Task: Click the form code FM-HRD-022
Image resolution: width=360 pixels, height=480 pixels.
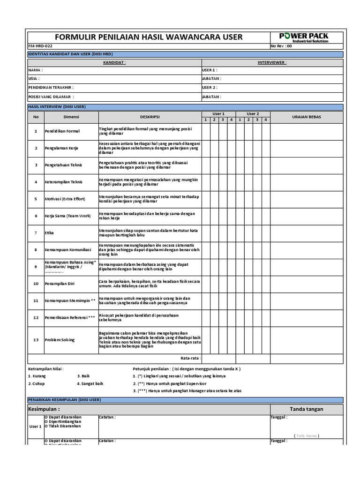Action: (40, 46)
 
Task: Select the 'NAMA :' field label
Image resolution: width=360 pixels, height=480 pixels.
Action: (36, 70)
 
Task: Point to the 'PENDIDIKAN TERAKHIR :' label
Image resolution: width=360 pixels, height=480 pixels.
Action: (51, 88)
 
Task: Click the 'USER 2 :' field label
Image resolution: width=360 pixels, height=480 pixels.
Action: (210, 88)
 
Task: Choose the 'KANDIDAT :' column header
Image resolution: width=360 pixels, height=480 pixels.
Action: (114, 62)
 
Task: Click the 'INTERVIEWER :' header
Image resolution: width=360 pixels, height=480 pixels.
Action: (272, 62)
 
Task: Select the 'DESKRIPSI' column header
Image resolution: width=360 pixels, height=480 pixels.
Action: (150, 117)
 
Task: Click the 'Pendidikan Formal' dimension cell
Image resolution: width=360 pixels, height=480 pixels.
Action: (62, 131)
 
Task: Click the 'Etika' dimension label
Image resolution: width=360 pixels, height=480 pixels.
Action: (49, 233)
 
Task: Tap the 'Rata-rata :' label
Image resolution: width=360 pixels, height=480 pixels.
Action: (190, 358)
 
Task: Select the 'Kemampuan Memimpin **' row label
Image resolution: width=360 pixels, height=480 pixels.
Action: (70, 300)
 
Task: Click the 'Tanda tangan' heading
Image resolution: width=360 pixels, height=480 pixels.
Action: (306, 409)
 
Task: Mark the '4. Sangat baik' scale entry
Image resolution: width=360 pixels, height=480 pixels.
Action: (90, 383)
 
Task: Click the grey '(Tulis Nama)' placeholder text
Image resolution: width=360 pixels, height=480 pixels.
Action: (307, 435)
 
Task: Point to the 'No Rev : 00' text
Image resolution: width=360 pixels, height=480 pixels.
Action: (281, 46)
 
